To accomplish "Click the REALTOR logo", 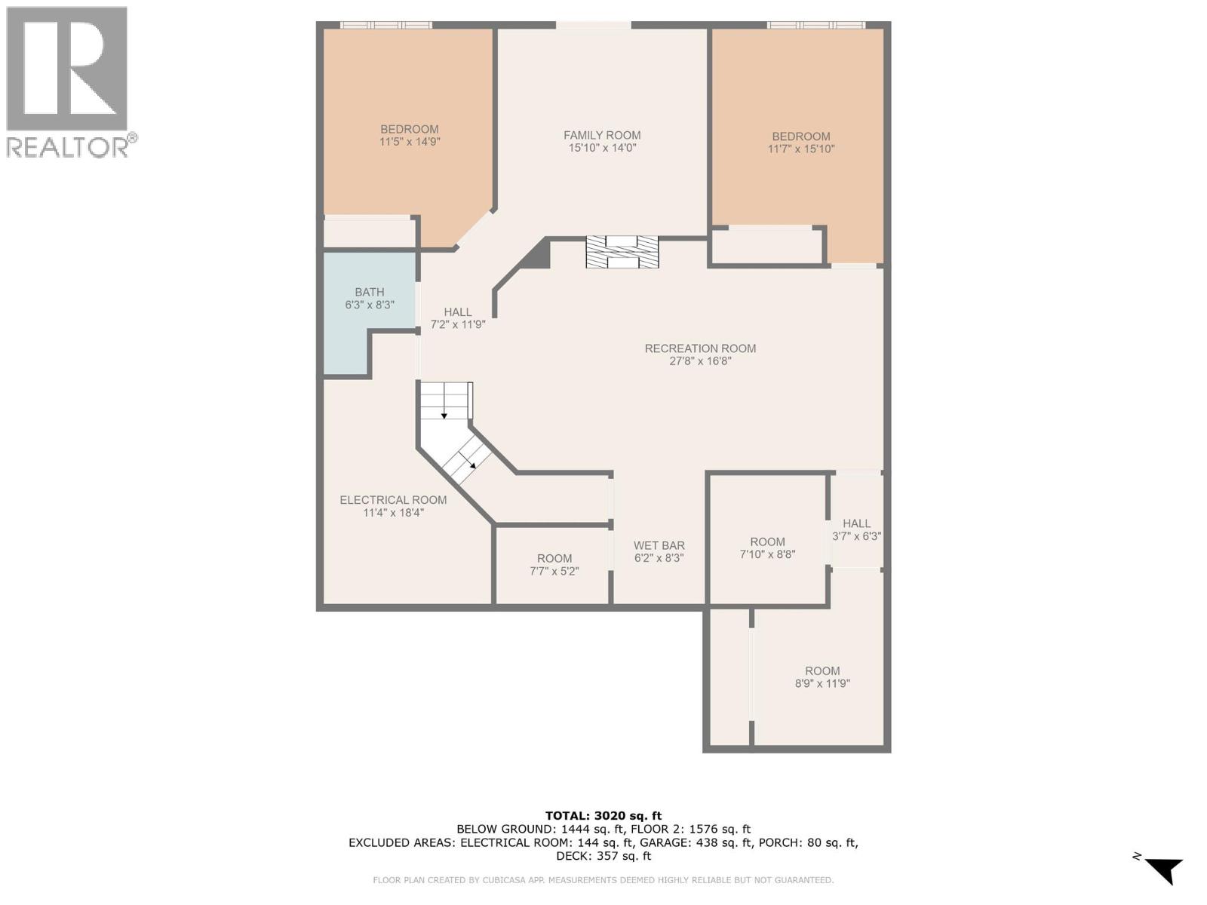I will coord(67,81).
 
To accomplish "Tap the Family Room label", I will coord(602,136).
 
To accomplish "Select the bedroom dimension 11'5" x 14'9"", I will coord(410,141).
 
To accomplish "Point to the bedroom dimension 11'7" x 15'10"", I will coord(801,149).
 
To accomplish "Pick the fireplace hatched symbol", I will coord(622,252).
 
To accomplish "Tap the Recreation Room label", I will coord(700,348).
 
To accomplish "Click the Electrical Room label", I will coord(393,500).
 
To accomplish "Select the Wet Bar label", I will coord(659,545).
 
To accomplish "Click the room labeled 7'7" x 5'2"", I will coord(554,565).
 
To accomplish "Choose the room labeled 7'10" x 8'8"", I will coord(767,548).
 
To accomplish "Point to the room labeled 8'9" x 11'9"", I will coord(822,677).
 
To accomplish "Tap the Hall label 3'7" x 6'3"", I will coord(856,529).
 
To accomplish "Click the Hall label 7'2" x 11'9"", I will coord(457,318).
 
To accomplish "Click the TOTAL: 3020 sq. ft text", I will coord(603,815).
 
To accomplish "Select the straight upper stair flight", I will coord(445,400).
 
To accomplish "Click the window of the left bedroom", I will coord(385,25).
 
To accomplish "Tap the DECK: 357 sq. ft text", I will coord(603,856).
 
